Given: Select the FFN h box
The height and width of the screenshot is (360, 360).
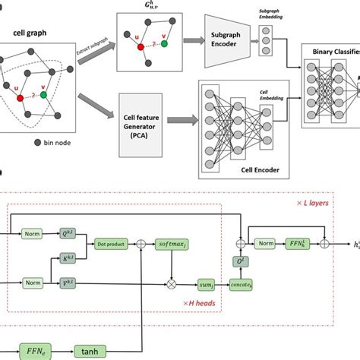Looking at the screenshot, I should pyautogui.click(x=292, y=245).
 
